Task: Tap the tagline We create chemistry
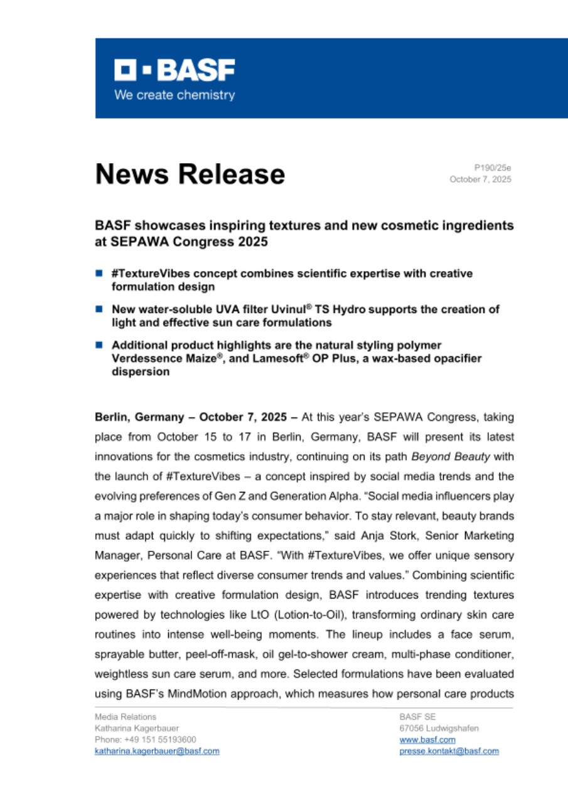pos(174,95)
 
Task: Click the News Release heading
pos(190,174)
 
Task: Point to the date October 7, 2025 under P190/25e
pos(480,179)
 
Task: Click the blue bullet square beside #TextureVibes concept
pos(99,274)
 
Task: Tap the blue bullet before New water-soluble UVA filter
pos(99,309)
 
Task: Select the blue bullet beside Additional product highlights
pos(99,345)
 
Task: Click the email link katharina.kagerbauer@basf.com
pos(157,751)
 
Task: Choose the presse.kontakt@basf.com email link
pos(449,751)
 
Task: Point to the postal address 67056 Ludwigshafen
pos(439,728)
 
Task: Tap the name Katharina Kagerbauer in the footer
pos(136,728)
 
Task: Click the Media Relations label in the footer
pos(126,716)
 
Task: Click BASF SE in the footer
pos(414,716)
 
